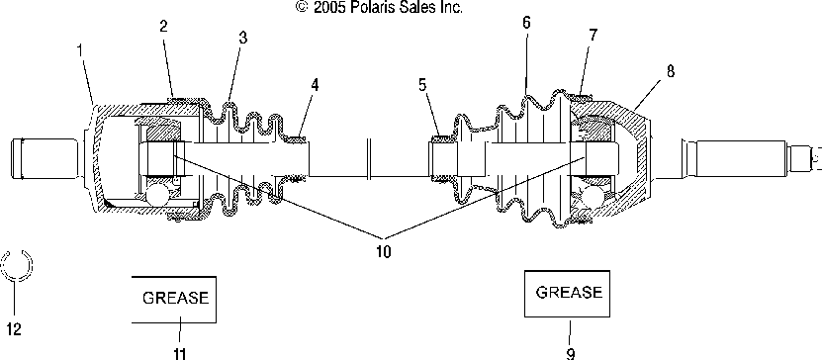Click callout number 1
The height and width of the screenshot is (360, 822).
[80, 50]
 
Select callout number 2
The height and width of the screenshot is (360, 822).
[163, 26]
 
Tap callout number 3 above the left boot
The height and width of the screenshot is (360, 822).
[242, 38]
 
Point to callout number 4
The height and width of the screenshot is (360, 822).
[314, 84]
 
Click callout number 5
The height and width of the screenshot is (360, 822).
[422, 85]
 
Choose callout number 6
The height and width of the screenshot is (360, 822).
[526, 23]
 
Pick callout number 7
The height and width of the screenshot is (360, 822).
[593, 35]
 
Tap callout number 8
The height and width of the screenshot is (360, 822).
[671, 71]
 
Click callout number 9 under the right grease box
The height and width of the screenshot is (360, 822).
[570, 354]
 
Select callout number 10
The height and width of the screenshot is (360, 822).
[383, 252]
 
